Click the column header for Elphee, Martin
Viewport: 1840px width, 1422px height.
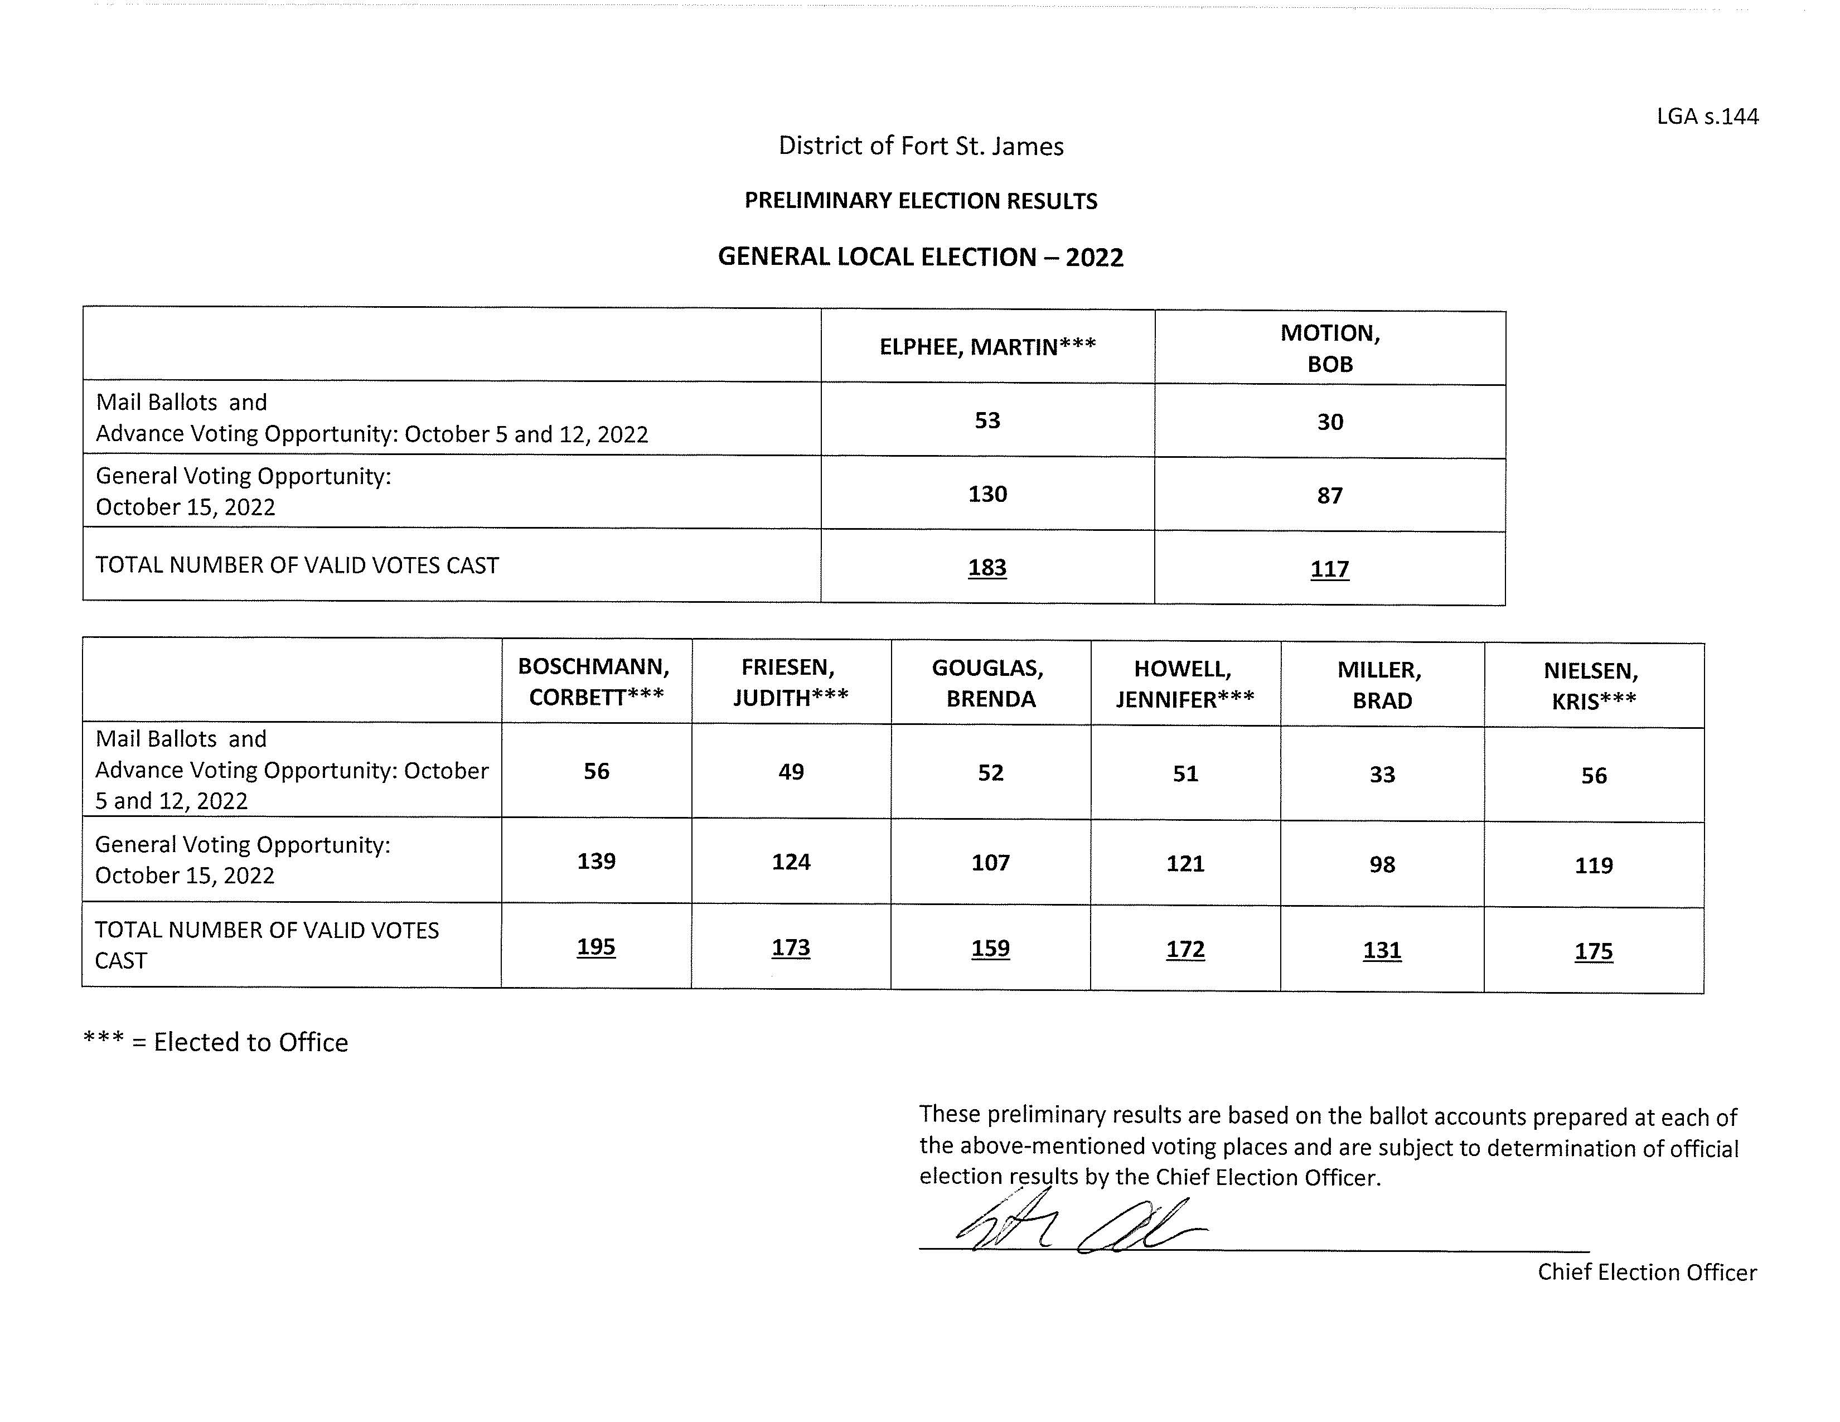pos(987,347)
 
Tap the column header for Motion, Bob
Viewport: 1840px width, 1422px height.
pos(1329,348)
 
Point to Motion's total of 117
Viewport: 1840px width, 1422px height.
pos(1329,569)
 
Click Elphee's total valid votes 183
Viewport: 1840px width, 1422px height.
pos(987,568)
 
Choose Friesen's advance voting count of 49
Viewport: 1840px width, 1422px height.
pos(790,772)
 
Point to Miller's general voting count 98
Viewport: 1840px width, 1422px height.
pos(1382,864)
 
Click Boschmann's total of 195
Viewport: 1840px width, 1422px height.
pos(595,947)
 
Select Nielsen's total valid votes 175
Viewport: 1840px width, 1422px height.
pos(1593,951)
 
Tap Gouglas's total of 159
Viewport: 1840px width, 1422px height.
pos(990,949)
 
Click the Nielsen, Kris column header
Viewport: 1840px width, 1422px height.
pos(1592,686)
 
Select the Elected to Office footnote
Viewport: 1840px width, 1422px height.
pos(216,1042)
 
